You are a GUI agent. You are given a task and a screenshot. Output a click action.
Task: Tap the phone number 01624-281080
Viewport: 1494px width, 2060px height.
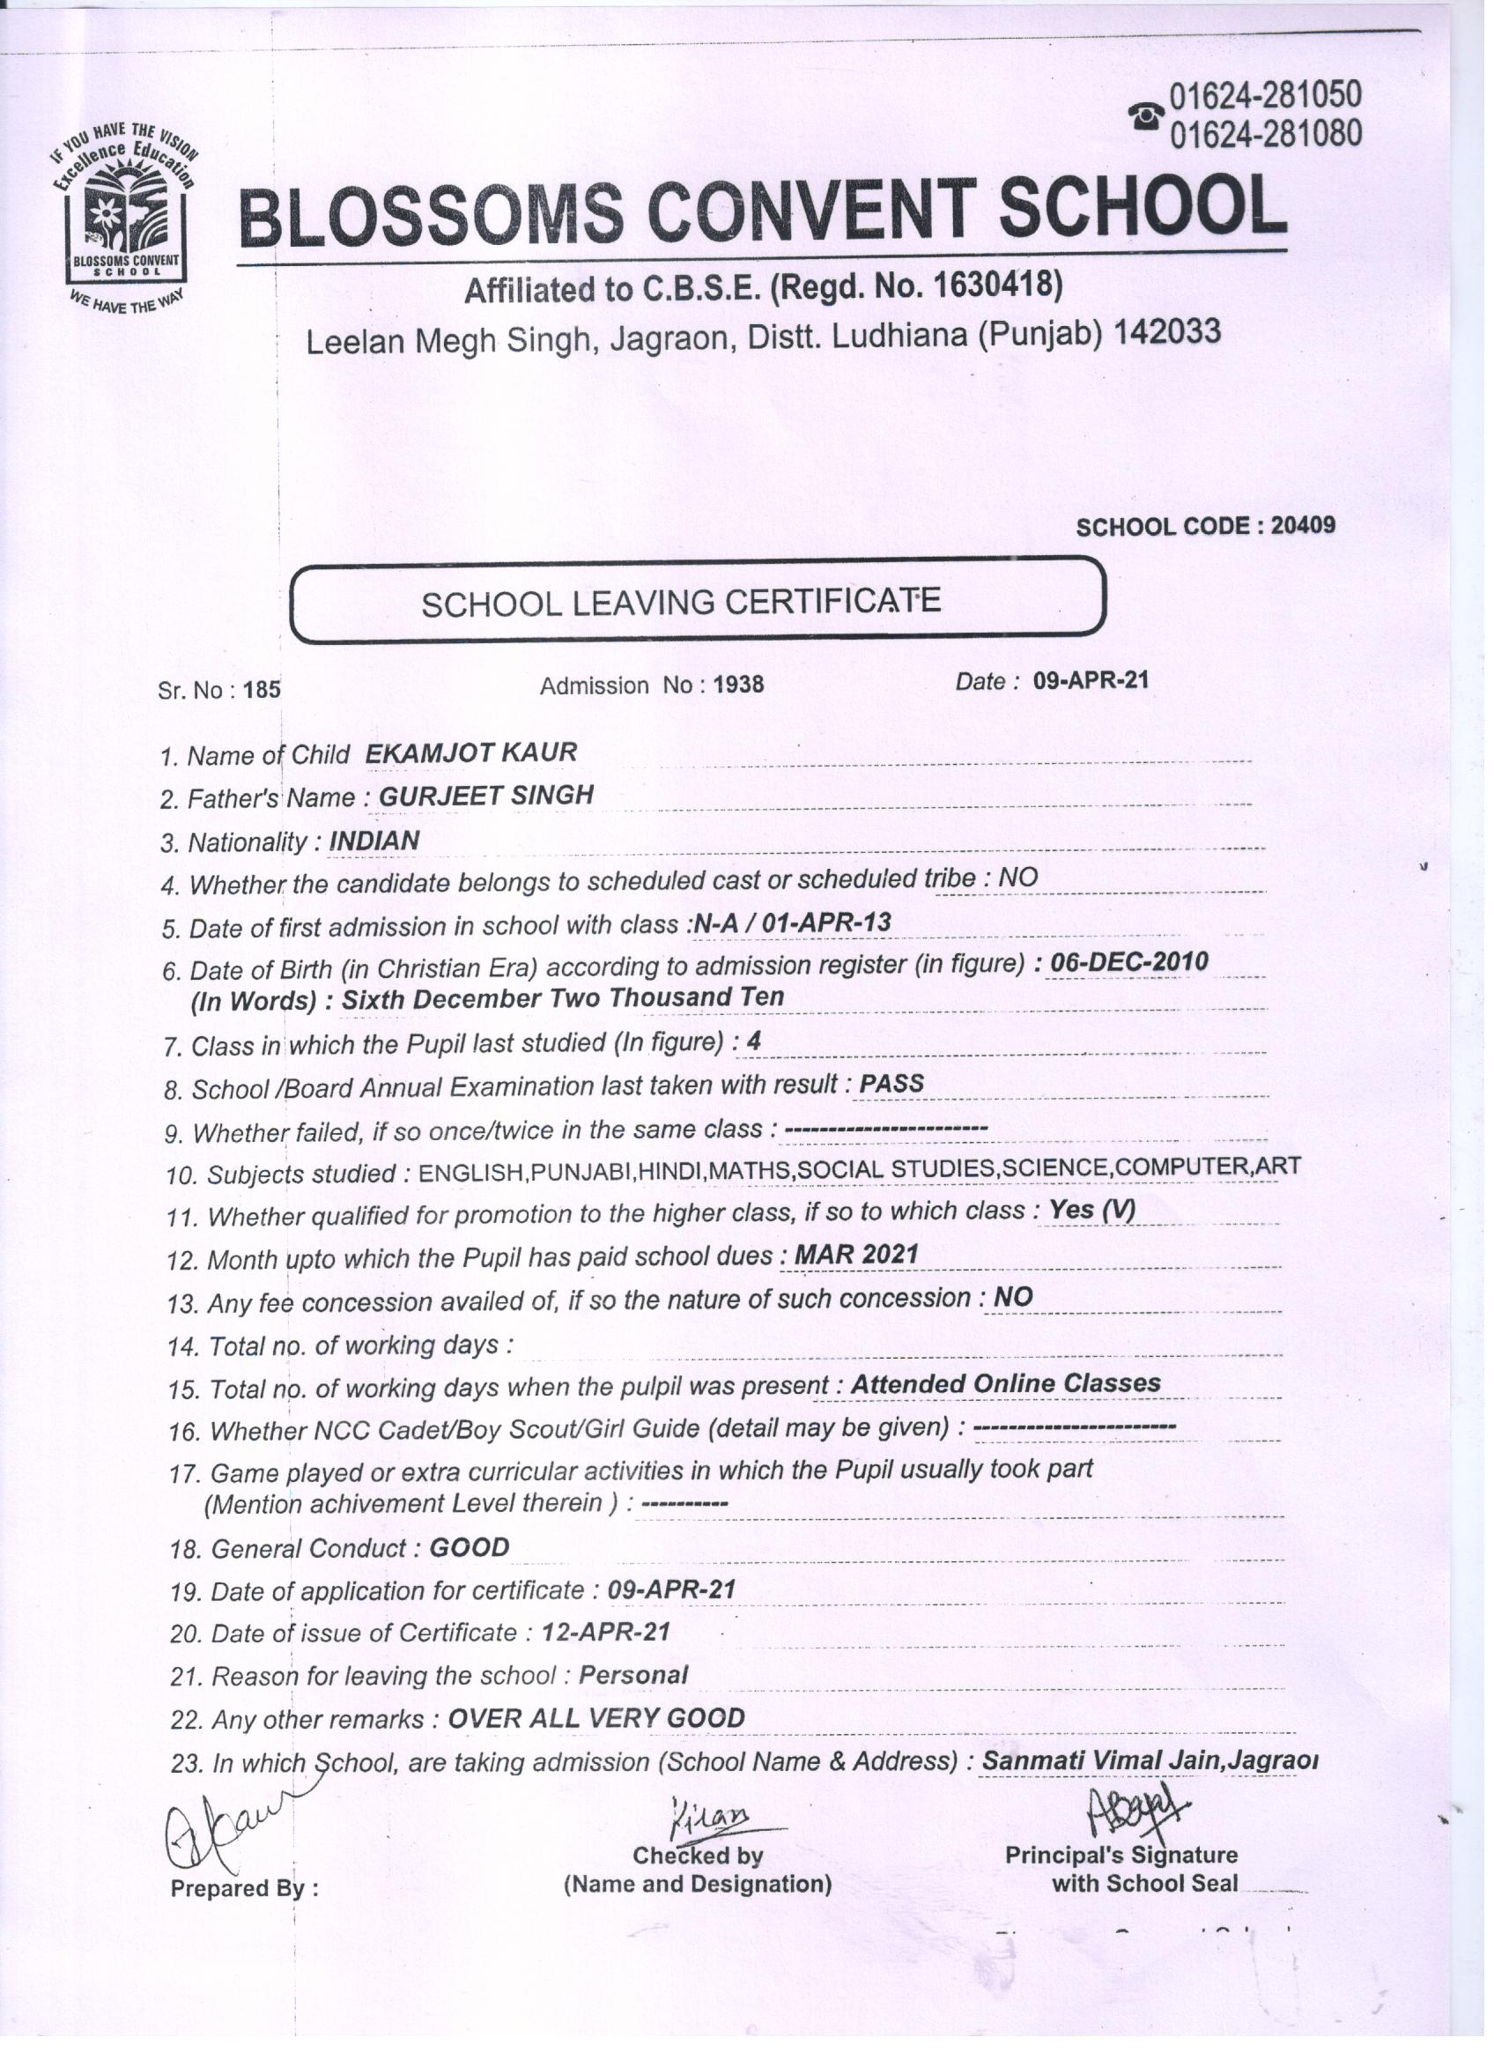pos(1266,135)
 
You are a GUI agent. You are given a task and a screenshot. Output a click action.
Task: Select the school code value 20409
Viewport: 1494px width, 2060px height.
pos(1302,526)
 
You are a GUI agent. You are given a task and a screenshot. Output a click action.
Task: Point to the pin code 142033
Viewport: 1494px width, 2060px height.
pos(1166,332)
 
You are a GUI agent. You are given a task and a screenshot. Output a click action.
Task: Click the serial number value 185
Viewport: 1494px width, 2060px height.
pos(263,689)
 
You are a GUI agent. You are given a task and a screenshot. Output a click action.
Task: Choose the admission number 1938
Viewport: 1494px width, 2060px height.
pos(738,684)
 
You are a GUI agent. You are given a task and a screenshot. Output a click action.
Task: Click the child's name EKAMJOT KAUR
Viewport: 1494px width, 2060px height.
pos(470,752)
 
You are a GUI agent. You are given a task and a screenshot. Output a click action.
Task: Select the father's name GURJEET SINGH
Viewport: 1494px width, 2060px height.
pos(486,796)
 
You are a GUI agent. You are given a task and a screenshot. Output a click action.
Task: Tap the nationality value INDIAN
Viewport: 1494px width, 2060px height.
pos(374,841)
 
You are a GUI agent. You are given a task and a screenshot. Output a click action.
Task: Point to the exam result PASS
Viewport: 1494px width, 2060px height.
pos(891,1084)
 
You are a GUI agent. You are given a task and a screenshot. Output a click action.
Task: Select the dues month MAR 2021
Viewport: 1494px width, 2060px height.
pos(856,1255)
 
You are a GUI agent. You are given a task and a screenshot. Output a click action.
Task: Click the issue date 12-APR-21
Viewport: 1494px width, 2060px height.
pos(606,1632)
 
